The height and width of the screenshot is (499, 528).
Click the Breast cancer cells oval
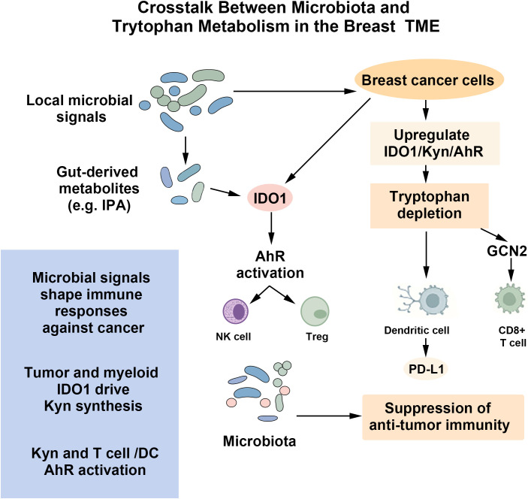click(x=429, y=80)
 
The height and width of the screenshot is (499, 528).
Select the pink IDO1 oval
click(x=270, y=198)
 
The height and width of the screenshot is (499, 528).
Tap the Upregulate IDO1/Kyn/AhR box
click(x=435, y=144)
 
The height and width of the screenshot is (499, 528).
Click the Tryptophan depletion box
click(x=430, y=205)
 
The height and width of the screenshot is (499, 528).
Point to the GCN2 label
click(x=507, y=251)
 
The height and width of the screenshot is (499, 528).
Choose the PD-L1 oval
click(x=427, y=369)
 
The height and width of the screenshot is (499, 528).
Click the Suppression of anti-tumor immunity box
click(x=443, y=417)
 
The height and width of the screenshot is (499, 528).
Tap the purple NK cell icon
click(x=236, y=311)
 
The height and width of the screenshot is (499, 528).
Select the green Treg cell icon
click(x=315, y=312)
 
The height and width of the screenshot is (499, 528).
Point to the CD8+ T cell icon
click(x=510, y=298)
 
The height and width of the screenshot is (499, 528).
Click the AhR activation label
click(x=270, y=265)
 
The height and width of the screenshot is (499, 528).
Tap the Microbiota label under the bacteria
click(x=259, y=441)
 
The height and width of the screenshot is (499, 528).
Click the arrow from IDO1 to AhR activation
click(x=271, y=228)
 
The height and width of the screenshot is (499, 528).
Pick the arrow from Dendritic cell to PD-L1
click(x=426, y=346)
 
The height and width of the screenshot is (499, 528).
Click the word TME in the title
click(x=423, y=26)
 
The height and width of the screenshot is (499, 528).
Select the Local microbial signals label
click(x=80, y=108)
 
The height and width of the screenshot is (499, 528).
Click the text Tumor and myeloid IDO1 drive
click(x=92, y=381)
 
